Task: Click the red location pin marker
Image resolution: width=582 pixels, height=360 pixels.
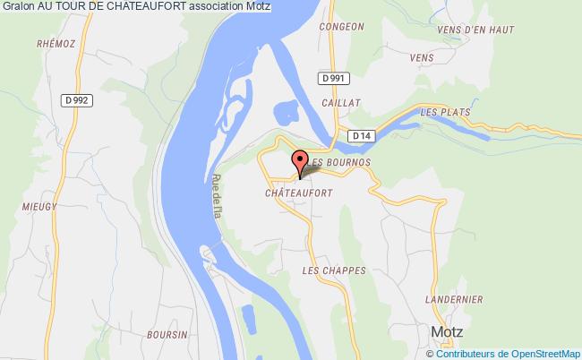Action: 301,162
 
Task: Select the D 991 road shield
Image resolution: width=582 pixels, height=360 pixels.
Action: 332,79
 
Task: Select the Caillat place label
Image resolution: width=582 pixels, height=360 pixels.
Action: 342,104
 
